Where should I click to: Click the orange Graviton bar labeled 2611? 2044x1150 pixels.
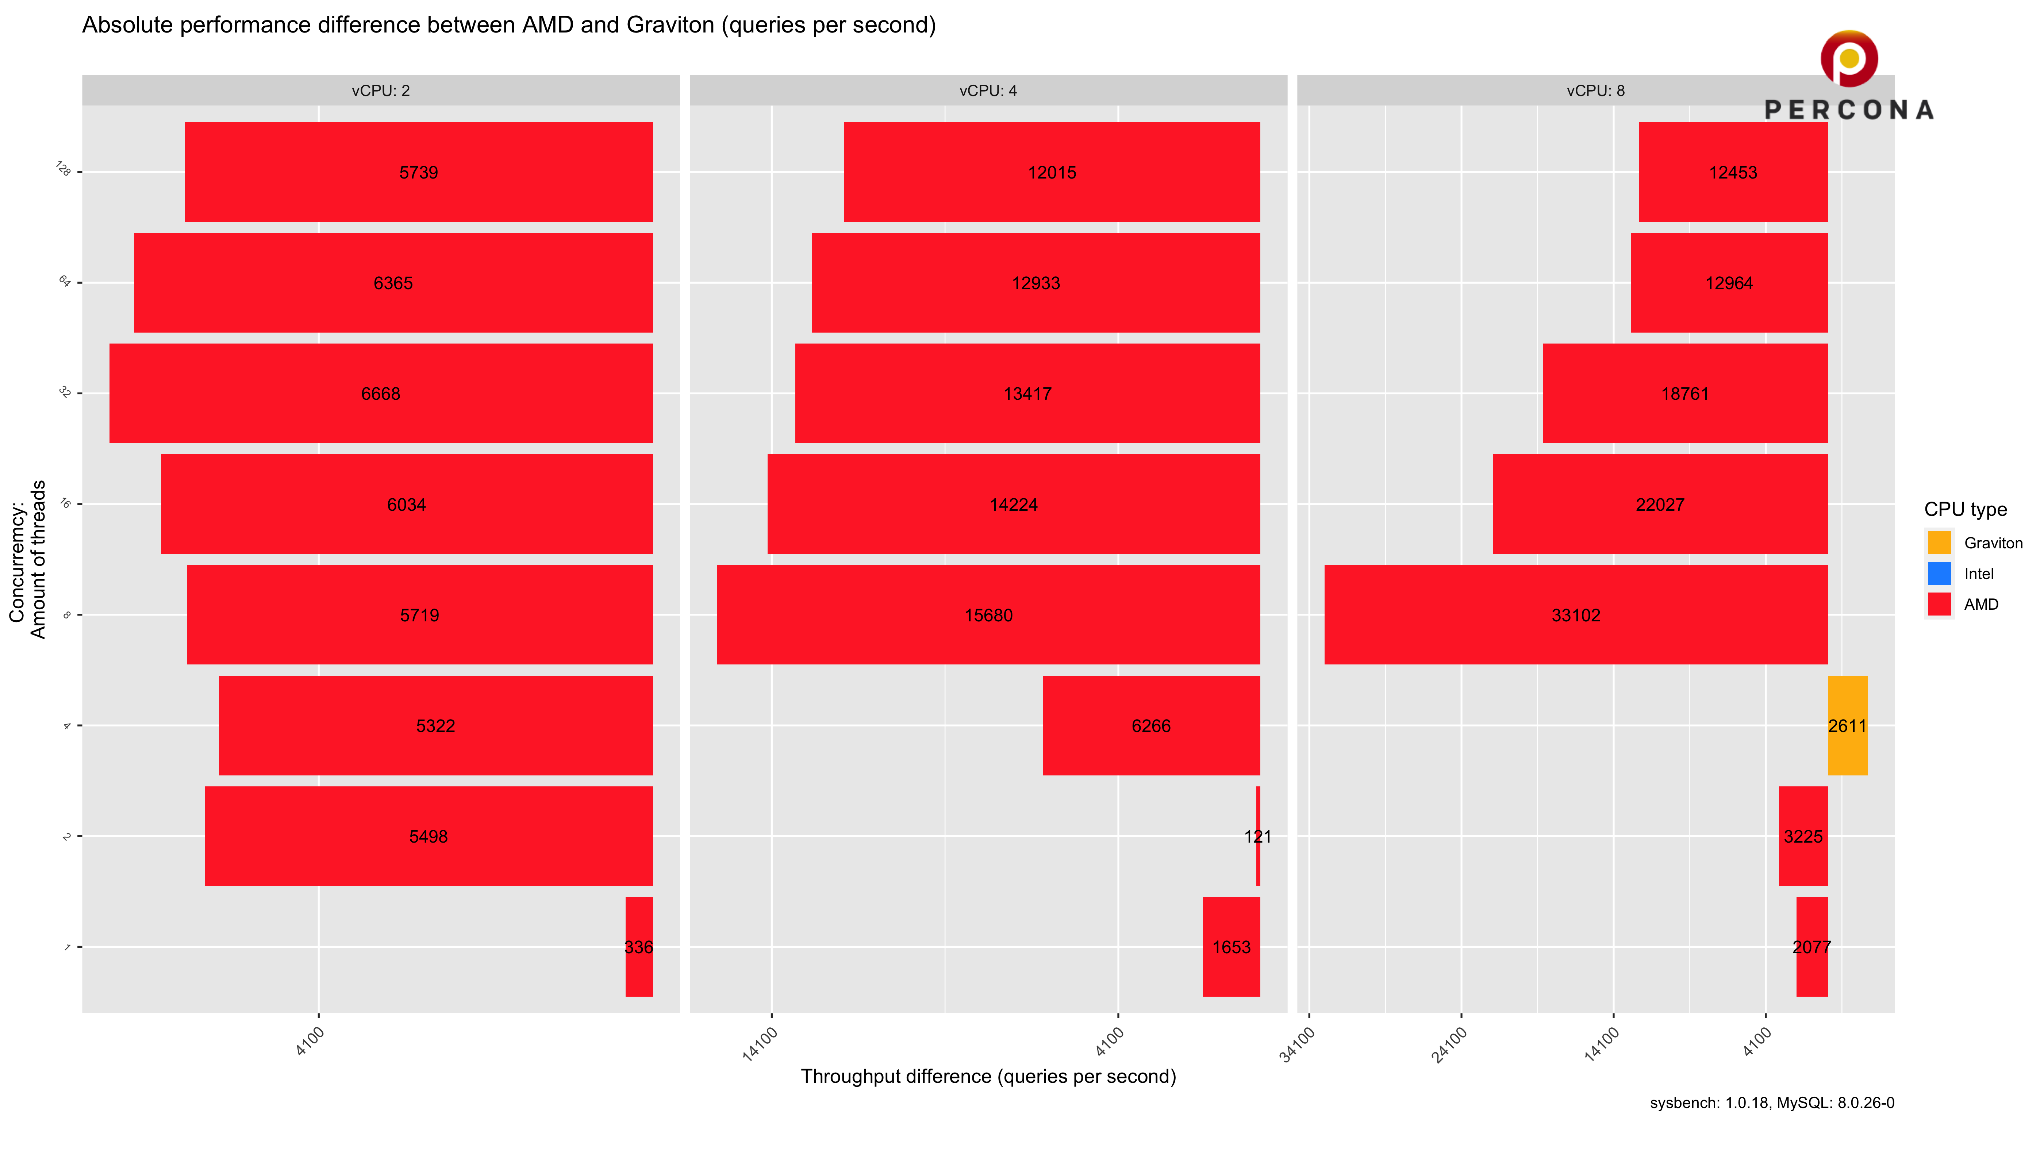(x=1847, y=725)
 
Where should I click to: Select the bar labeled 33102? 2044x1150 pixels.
(x=1576, y=614)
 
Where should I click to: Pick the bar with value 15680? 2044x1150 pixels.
(x=988, y=614)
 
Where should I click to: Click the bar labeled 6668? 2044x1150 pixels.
(x=381, y=393)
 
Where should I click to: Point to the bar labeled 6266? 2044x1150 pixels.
(x=1150, y=725)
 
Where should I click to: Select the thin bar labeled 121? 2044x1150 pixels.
(x=1258, y=836)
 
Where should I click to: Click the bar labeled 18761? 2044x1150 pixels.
(x=1684, y=393)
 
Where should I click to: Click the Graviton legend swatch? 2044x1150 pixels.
(x=1939, y=543)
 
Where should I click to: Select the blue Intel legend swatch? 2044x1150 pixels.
(x=1939, y=573)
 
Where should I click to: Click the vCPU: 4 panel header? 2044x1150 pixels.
(x=988, y=91)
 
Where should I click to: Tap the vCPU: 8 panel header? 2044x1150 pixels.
(x=1595, y=91)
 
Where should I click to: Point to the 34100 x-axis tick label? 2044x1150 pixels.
(x=1297, y=1044)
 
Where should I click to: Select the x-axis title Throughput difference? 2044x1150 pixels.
(x=988, y=1076)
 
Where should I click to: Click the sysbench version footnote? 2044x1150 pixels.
(x=1771, y=1103)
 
